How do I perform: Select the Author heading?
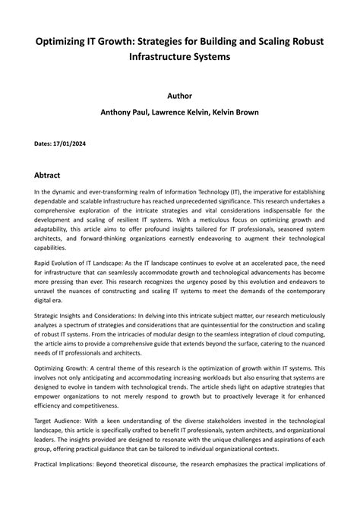tap(179, 96)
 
